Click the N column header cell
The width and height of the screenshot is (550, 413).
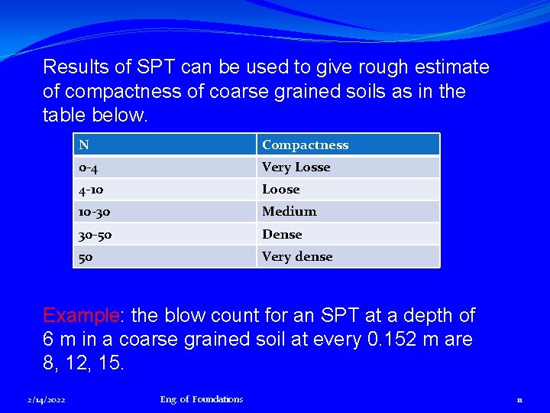[164, 145]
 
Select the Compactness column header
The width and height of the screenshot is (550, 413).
[348, 145]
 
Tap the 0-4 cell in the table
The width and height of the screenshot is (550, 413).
[164, 167]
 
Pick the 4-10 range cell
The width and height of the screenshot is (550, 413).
[164, 189]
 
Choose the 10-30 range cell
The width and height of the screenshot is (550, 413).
[164, 211]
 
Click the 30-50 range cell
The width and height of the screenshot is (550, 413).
[164, 234]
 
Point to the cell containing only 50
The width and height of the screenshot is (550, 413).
[164, 256]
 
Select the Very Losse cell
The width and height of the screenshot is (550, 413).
[348, 167]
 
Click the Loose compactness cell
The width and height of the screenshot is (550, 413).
[348, 189]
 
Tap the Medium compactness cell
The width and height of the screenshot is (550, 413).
[348, 211]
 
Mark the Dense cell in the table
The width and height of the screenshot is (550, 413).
[348, 234]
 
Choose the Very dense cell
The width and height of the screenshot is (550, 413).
[348, 256]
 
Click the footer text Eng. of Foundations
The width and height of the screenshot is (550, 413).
[202, 399]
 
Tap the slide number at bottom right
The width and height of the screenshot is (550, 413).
[519, 399]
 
